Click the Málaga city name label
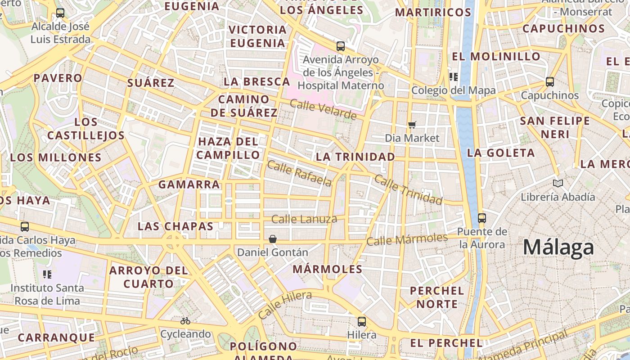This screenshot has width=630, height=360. (x=558, y=248)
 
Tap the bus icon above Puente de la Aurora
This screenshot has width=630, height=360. (x=482, y=218)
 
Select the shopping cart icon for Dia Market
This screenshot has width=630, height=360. (x=412, y=125)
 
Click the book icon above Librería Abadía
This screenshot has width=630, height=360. (x=558, y=183)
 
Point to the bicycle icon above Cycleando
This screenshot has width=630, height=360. (x=185, y=321)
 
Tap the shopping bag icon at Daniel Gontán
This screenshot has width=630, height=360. (x=273, y=238)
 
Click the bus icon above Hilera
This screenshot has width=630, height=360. (x=362, y=321)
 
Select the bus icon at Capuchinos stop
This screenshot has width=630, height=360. (x=549, y=82)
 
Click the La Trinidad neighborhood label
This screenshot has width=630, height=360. (x=355, y=157)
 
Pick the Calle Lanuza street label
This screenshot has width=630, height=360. (x=304, y=219)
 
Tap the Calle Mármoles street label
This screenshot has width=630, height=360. (x=407, y=239)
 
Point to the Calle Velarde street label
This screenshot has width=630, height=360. (x=323, y=110)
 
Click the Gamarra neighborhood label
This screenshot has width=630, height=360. (x=189, y=184)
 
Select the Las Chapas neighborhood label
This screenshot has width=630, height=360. (x=175, y=226)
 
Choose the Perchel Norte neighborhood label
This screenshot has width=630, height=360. (x=436, y=297)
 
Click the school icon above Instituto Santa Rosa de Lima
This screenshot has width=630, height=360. (x=47, y=274)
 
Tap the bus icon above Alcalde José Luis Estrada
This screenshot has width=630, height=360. (x=60, y=13)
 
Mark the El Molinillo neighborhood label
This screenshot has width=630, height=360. (x=496, y=57)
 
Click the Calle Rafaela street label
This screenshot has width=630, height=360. (x=299, y=173)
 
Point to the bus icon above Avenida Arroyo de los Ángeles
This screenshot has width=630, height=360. (x=341, y=46)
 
